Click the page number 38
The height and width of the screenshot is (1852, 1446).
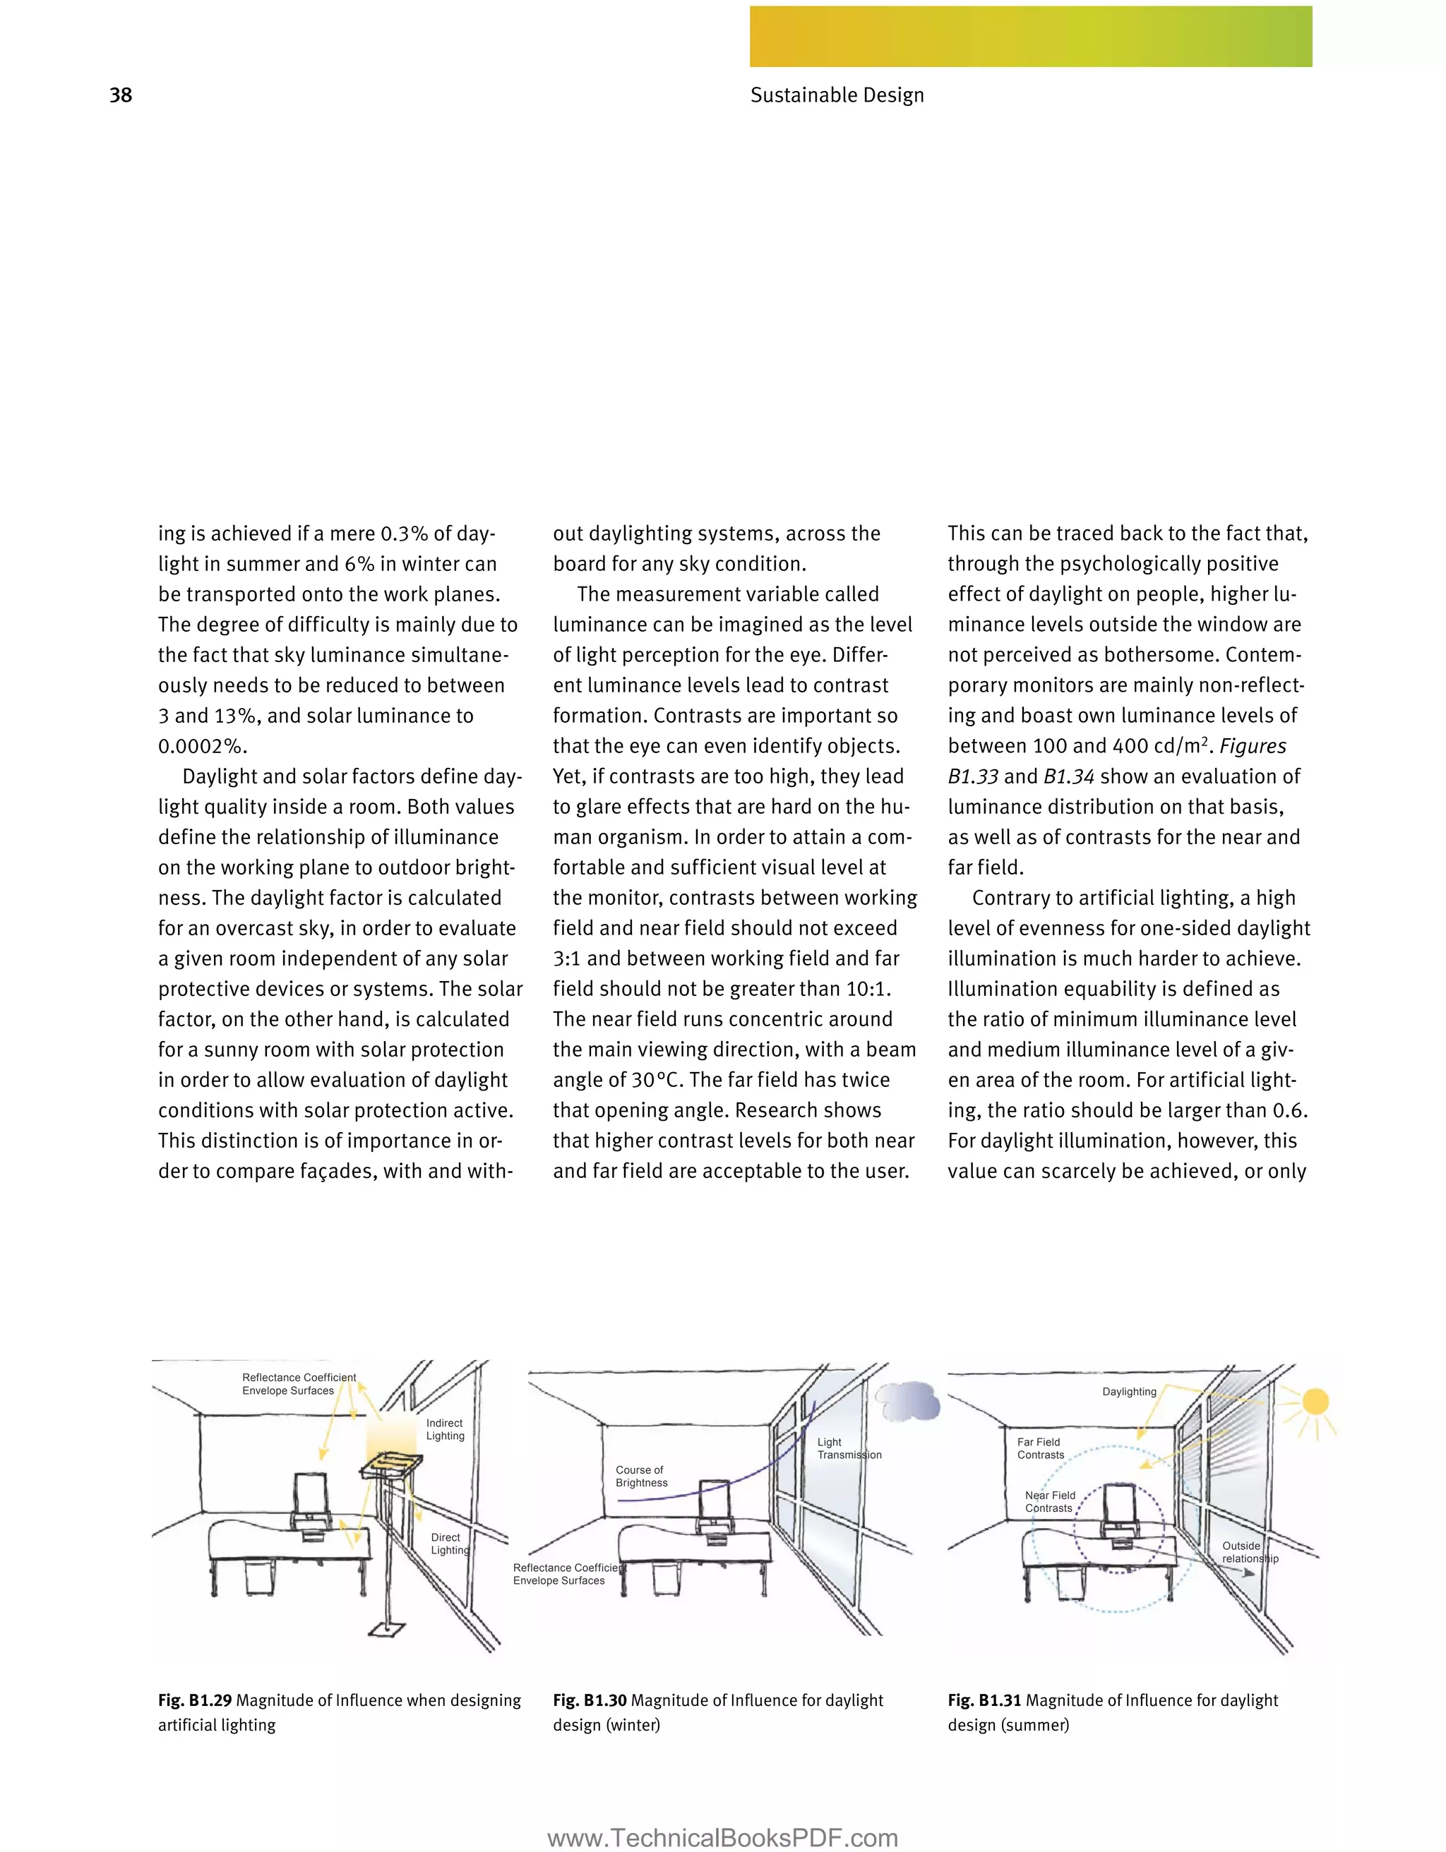pos(121,95)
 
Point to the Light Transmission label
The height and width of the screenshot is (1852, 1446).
pos(848,1448)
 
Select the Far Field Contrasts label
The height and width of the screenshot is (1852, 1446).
pos(1040,1448)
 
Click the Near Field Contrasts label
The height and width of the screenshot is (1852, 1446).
pos(1050,1501)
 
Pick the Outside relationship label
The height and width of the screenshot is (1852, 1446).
pos(1249,1552)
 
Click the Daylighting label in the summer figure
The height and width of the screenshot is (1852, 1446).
pos(1129,1392)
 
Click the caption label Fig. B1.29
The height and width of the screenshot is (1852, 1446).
pos(194,1700)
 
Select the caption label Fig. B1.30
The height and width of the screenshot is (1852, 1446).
pos(590,1700)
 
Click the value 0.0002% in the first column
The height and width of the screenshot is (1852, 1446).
pos(203,746)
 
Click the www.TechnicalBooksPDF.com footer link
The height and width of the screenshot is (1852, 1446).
pos(722,1838)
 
